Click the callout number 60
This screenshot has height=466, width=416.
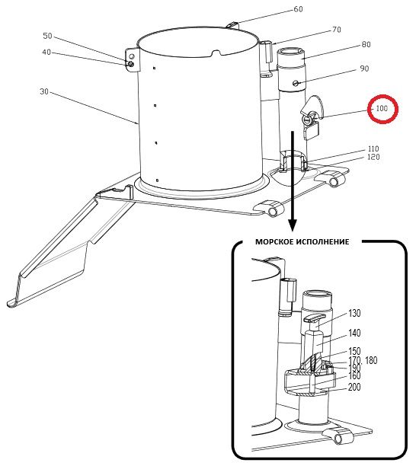[x=298, y=9]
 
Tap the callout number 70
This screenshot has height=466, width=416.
[x=337, y=30]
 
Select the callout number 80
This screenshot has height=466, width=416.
[x=366, y=45]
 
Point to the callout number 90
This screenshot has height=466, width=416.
[x=364, y=69]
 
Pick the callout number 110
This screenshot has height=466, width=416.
[x=373, y=148]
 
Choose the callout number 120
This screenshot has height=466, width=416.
[x=374, y=157]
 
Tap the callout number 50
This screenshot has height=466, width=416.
[x=47, y=36]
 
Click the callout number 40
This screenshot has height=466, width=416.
[x=46, y=53]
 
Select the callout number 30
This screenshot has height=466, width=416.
[x=44, y=91]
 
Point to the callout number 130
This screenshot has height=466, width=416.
[x=354, y=313]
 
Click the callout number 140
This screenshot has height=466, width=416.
[x=354, y=334]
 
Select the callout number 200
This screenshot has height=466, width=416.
[x=354, y=387]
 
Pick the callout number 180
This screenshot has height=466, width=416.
[x=371, y=360]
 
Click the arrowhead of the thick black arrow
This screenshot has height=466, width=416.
[x=293, y=225]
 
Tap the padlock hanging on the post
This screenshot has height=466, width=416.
[x=311, y=130]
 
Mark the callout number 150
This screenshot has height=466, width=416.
[x=354, y=351]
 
